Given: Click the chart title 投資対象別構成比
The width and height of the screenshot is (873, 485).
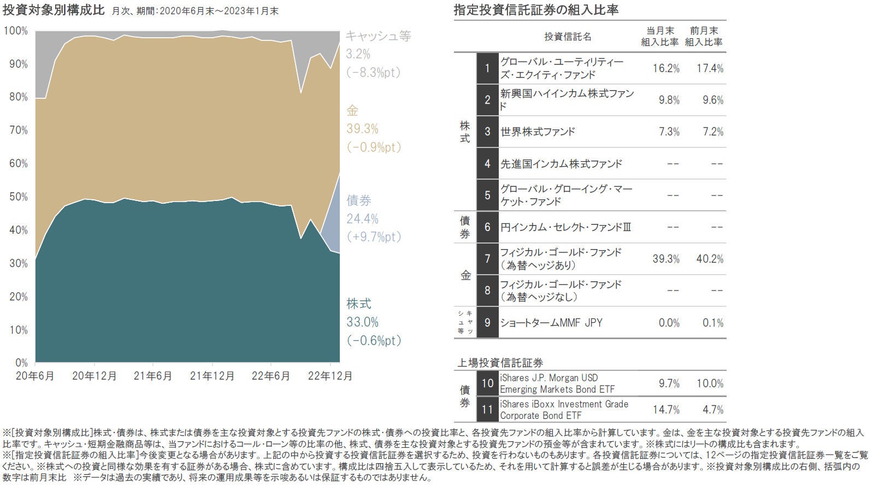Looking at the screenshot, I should (53, 11).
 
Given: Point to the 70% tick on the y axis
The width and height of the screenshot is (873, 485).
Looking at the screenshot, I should (18, 130).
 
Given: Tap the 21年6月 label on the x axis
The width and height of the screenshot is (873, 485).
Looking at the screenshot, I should (153, 376).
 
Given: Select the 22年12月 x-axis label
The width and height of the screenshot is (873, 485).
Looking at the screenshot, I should (330, 376).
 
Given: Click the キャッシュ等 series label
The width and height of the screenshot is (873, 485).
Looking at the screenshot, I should (378, 36).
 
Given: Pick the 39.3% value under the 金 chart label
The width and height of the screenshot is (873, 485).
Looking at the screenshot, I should (362, 129).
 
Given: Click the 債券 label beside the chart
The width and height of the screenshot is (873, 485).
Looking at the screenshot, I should (359, 200).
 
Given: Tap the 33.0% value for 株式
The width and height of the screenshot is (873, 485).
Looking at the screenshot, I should (362, 322).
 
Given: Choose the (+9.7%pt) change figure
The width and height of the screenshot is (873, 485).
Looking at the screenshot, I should (374, 237).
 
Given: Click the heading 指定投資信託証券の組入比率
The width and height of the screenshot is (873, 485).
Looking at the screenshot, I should (536, 10).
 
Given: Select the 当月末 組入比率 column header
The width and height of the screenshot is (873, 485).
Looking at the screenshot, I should (659, 37).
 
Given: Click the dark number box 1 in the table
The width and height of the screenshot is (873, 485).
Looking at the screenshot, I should (487, 68).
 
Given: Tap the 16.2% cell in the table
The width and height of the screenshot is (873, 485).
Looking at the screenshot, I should (666, 68).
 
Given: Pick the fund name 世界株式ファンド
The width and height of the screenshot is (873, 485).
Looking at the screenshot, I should (538, 132).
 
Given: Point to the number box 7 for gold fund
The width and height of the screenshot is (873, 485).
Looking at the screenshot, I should (487, 259).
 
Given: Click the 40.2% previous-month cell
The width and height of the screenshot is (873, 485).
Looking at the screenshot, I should (710, 259).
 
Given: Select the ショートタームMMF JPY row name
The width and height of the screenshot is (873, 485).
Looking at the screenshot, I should (551, 323).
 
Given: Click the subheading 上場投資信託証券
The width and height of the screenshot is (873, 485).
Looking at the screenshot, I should (500, 363).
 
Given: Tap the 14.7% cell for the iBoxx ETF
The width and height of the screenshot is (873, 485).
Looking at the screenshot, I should (666, 410).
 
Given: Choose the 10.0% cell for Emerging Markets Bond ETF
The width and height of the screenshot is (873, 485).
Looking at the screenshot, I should (710, 383).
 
